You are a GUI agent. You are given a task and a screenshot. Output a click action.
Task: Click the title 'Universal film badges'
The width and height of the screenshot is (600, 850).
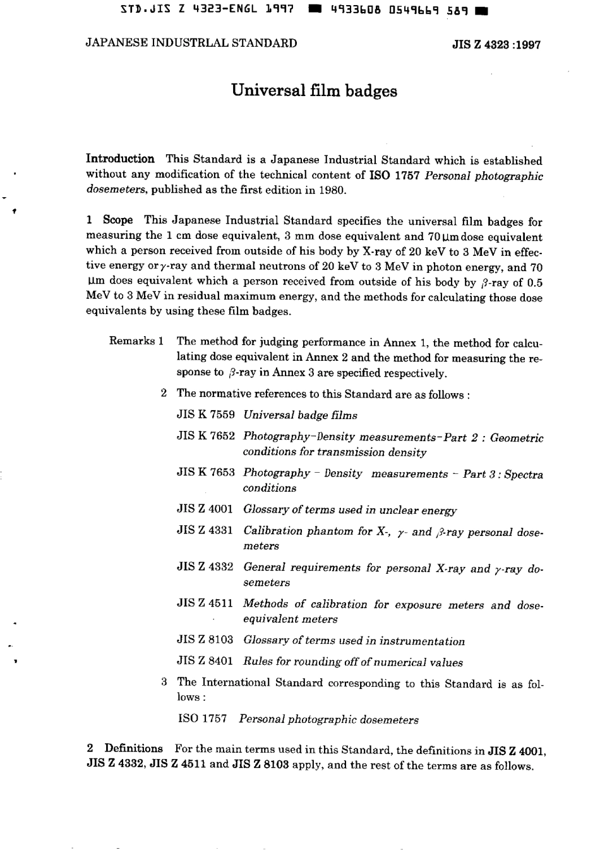314,91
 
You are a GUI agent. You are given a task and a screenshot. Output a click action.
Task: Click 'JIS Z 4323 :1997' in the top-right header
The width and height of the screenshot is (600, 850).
496,46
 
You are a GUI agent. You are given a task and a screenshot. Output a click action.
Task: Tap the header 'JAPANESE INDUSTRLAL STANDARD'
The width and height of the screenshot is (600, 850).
191,44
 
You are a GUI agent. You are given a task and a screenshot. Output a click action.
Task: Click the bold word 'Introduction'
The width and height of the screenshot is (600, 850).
120,159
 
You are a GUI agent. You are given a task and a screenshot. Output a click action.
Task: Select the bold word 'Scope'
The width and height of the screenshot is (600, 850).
118,221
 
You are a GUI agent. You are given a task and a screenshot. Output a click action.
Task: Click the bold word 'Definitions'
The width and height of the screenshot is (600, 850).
133,748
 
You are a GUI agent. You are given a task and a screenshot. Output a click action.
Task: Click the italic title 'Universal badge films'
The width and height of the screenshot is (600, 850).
300,415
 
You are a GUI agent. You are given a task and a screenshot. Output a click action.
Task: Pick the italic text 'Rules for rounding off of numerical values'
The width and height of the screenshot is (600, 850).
352,662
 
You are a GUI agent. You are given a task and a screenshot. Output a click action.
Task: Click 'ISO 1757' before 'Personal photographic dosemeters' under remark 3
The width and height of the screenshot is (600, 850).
203,719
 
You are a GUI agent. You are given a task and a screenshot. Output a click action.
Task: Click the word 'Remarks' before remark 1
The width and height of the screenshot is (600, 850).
132,341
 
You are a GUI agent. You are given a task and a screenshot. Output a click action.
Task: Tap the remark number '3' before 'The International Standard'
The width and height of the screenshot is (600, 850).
164,683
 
